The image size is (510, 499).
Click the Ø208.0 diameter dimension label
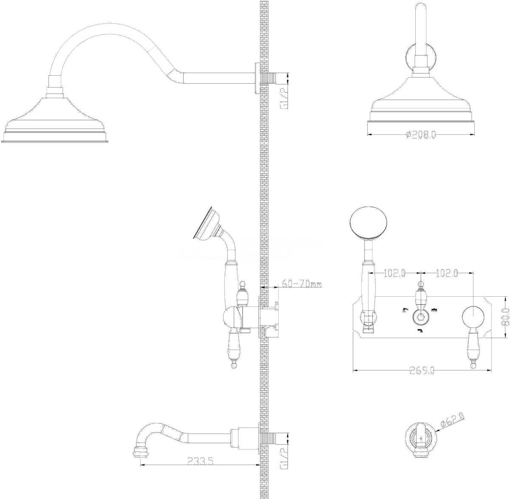[x=421, y=135]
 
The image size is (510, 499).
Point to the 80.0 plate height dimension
[x=505, y=318]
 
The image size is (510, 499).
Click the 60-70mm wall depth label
[x=301, y=284]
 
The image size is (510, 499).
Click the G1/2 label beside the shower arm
[x=284, y=99]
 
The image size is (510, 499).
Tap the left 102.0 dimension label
[x=394, y=273]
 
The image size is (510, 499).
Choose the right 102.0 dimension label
[x=447, y=273]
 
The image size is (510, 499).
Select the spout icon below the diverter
[x=420, y=331]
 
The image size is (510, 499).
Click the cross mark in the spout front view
[x=421, y=445]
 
